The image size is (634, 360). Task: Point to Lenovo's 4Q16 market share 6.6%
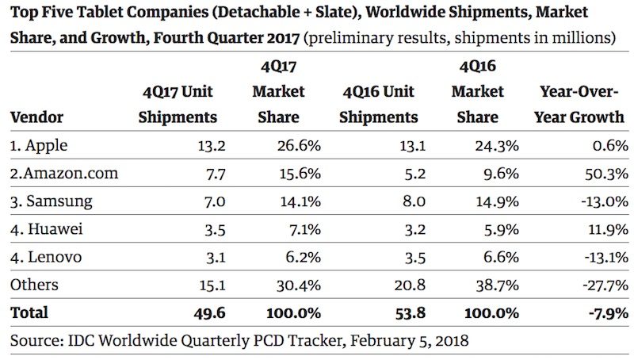480,258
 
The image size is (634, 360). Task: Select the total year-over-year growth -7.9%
603,312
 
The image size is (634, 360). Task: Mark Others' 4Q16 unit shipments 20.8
402,285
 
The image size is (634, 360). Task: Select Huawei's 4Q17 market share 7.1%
284,230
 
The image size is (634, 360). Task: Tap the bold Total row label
29,312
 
